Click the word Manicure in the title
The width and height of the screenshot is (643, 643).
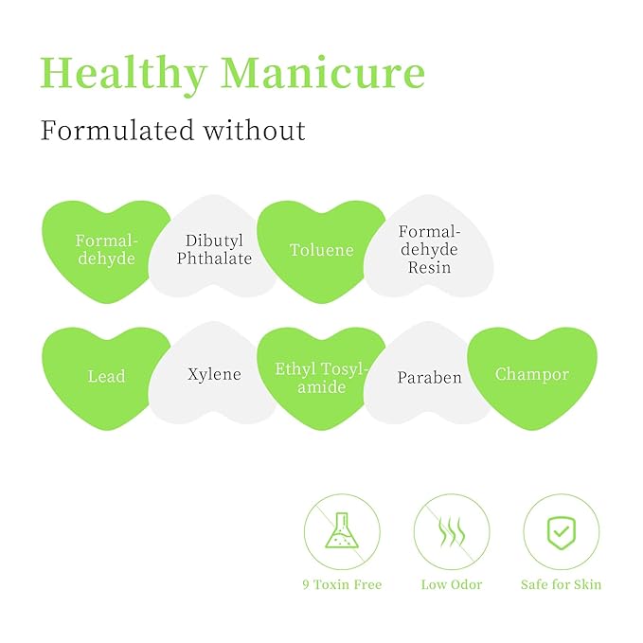pyautogui.click(x=323, y=72)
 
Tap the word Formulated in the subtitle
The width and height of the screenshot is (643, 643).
pyautogui.click(x=116, y=131)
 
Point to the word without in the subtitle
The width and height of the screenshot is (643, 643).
pyautogui.click(x=255, y=131)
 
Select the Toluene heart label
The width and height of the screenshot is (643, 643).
pyautogui.click(x=322, y=250)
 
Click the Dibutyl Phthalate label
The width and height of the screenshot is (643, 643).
pyautogui.click(x=214, y=249)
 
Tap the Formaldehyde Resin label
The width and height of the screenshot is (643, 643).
pyautogui.click(x=429, y=249)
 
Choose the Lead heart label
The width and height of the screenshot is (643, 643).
pyautogui.click(x=107, y=377)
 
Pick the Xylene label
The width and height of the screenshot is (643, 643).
pyautogui.click(x=214, y=374)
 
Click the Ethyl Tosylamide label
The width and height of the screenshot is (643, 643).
pyautogui.click(x=322, y=378)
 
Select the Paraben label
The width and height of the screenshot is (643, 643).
pyautogui.click(x=429, y=378)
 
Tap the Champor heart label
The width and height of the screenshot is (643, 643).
pyautogui.click(x=532, y=374)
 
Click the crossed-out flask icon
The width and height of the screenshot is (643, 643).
pyautogui.click(x=342, y=531)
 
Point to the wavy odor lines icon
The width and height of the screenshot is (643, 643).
pyautogui.click(x=452, y=531)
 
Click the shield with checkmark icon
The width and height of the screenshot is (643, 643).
pyautogui.click(x=562, y=531)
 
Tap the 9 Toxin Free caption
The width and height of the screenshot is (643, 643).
pyautogui.click(x=342, y=584)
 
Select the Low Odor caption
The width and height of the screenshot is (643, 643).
pyautogui.click(x=452, y=584)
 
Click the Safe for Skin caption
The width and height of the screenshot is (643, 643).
pyautogui.click(x=562, y=584)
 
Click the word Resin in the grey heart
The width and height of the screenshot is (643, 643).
pyautogui.click(x=429, y=267)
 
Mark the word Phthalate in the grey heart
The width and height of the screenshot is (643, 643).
pyautogui.click(x=214, y=259)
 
